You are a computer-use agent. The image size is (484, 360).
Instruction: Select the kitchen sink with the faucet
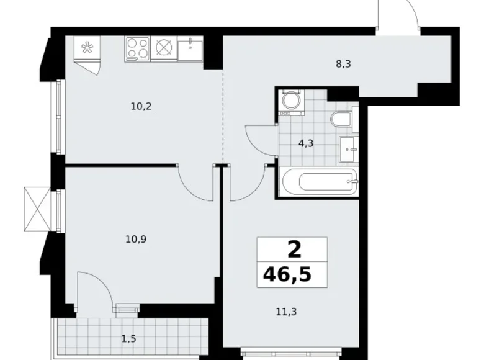point(189,48)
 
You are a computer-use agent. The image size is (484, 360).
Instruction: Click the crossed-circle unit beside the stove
point(164,48)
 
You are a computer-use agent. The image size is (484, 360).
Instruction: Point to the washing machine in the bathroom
point(290,104)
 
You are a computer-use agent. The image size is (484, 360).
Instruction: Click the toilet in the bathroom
point(342,120)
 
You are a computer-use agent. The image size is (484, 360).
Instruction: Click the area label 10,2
point(141,106)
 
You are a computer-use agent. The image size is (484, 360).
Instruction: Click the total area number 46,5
point(292,274)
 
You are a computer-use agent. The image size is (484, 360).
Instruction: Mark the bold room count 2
point(293,250)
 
